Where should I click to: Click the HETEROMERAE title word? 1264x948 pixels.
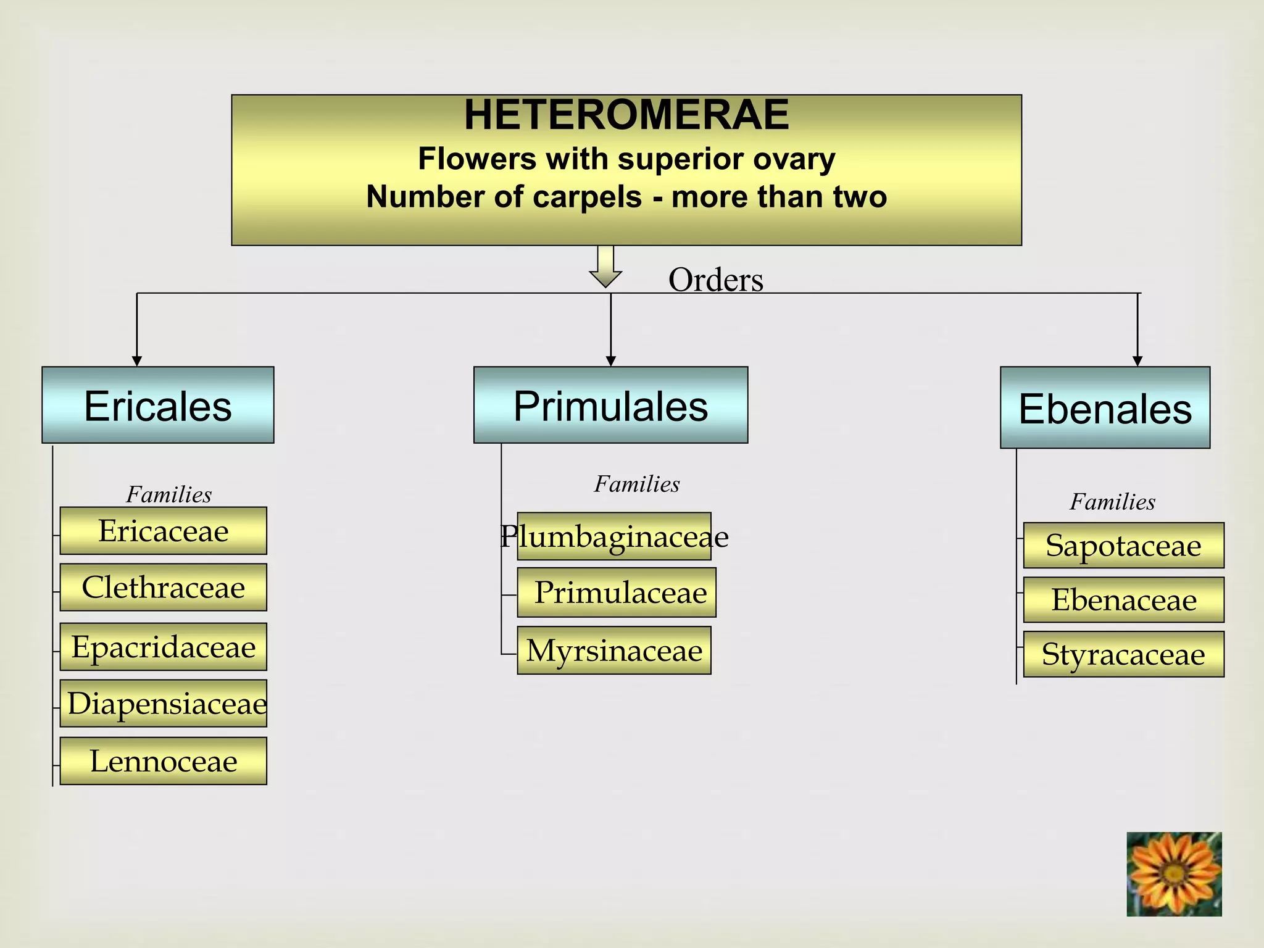tap(626, 115)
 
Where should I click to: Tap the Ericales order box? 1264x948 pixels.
tap(158, 405)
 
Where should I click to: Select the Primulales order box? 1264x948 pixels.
tap(610, 405)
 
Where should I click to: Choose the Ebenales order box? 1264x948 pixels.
tap(1105, 408)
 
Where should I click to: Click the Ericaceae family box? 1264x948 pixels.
tap(164, 531)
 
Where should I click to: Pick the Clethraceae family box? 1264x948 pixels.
tap(164, 587)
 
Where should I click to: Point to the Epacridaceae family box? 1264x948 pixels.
tap(164, 647)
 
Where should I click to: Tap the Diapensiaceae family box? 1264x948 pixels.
tap(164, 704)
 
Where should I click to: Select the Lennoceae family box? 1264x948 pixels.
tap(164, 761)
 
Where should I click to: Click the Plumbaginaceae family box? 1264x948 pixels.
tap(614, 536)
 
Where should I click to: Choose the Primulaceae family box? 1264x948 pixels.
tap(617, 592)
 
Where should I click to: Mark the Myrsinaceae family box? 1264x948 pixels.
tap(614, 651)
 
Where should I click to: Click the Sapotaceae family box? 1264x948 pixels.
tap(1123, 546)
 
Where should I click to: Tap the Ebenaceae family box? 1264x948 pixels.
tap(1123, 600)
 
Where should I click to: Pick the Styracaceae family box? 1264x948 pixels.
tap(1123, 654)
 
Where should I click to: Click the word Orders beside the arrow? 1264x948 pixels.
tap(715, 280)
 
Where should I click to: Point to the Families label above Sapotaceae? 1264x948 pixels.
tap(1112, 502)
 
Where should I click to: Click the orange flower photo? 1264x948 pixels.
tap(1174, 874)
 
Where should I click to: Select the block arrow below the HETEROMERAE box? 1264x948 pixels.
tap(605, 266)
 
